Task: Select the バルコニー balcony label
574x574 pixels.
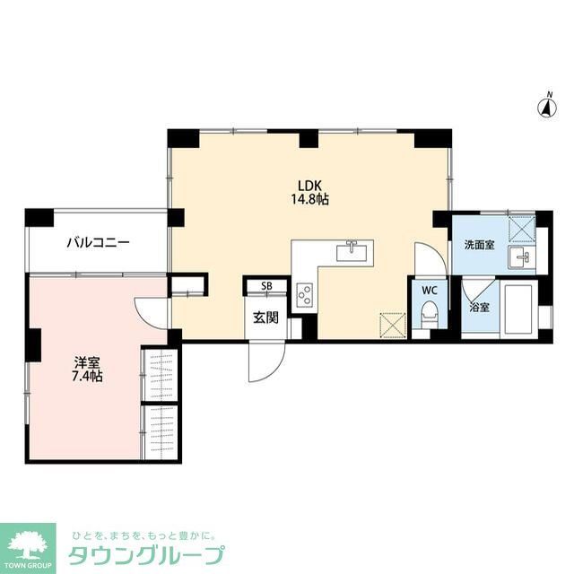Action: coord(98,243)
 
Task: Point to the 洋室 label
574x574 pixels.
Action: coord(87,362)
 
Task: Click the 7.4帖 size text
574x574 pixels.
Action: coord(87,377)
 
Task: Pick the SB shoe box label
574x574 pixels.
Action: coord(266,287)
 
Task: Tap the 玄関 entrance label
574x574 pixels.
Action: coord(265,317)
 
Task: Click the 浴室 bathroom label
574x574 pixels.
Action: coord(480,307)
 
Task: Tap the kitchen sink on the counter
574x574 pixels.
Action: coord(353,250)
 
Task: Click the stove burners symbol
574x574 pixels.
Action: coord(304,293)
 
